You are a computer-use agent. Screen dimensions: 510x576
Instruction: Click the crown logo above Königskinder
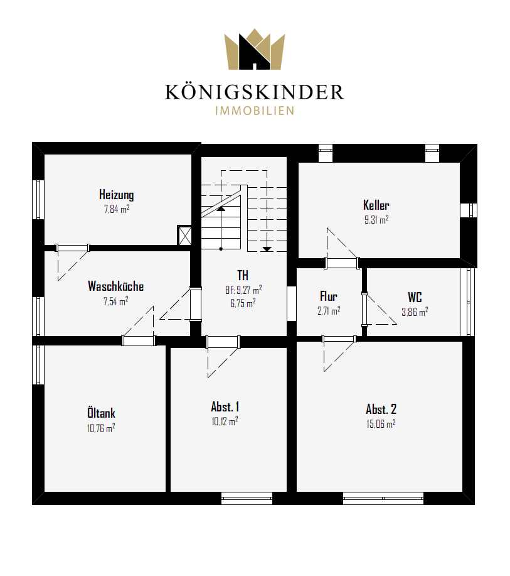pyautogui.click(x=255, y=49)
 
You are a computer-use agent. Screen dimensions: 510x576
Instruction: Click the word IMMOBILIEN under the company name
pyautogui.click(x=255, y=111)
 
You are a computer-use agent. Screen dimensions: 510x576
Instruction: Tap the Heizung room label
pyautogui.click(x=116, y=194)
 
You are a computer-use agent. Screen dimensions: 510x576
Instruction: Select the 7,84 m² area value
pyautogui.click(x=117, y=209)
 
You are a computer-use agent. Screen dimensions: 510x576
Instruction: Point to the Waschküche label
pyautogui.click(x=115, y=286)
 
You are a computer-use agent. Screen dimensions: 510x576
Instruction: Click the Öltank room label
pyautogui.click(x=101, y=413)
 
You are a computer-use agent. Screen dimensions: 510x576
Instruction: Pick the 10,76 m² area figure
pyautogui.click(x=101, y=428)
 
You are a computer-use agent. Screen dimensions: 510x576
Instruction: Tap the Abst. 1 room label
pyautogui.click(x=225, y=406)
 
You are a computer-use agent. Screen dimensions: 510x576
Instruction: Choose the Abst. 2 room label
pyautogui.click(x=381, y=409)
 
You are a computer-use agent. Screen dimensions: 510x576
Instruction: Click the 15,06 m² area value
pyautogui.click(x=381, y=423)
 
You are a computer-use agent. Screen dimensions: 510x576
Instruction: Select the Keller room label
pyautogui.click(x=376, y=205)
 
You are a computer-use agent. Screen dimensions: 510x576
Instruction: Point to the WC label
pyautogui.click(x=415, y=297)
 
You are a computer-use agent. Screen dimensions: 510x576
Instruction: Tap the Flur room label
pyautogui.click(x=328, y=296)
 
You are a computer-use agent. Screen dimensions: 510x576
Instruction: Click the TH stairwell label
pyautogui.click(x=243, y=274)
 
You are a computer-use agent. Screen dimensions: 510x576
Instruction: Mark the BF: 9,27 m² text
pyautogui.click(x=243, y=290)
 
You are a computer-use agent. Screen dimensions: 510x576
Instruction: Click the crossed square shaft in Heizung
pyautogui.click(x=184, y=235)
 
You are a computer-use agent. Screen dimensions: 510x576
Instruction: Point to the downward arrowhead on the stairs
pyautogui.click(x=267, y=249)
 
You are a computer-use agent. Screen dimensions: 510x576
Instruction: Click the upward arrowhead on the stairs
pyautogui.click(x=221, y=209)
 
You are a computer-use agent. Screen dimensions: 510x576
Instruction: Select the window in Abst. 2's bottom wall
pyautogui.click(x=383, y=499)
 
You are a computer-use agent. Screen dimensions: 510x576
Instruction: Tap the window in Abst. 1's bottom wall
pyautogui.click(x=247, y=499)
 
